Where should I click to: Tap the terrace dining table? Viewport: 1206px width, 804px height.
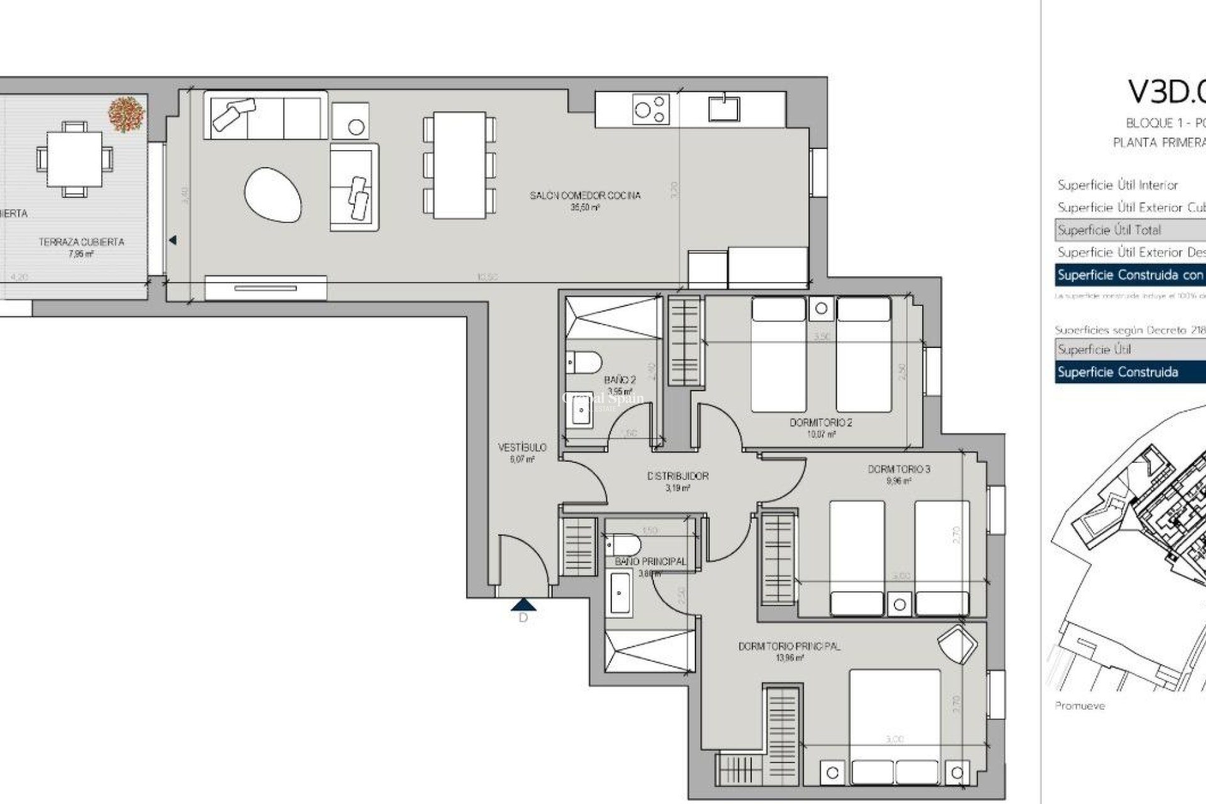[74, 158]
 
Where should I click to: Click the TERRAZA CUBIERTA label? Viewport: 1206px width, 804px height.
[81, 242]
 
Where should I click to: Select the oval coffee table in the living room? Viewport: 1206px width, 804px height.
[273, 195]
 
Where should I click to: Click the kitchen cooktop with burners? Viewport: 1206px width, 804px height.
[651, 109]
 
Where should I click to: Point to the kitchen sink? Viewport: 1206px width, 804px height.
[724, 109]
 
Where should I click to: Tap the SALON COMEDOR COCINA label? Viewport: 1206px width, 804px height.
[585, 195]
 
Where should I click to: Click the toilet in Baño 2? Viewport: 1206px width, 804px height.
[584, 362]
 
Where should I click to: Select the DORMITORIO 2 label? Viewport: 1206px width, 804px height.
[820, 423]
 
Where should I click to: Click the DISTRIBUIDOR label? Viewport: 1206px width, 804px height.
[678, 476]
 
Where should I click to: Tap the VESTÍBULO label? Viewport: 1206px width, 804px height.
[522, 447]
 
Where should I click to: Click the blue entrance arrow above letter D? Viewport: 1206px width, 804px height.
[523, 605]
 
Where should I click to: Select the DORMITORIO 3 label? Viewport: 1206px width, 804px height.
[899, 469]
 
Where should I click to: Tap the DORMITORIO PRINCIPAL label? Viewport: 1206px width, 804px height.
[789, 646]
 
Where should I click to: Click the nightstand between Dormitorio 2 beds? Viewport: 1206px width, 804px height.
[821, 308]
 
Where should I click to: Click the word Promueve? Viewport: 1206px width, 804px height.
[1079, 706]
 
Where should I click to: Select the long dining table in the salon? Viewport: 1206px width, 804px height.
[460, 165]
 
